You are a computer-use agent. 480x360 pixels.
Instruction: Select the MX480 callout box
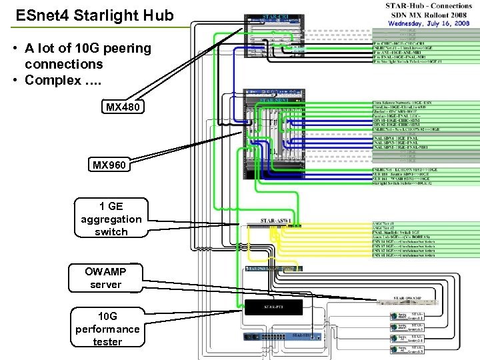point(123,107)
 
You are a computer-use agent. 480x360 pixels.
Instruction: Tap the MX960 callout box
point(109,165)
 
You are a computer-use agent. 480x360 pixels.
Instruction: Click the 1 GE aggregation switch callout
point(111,219)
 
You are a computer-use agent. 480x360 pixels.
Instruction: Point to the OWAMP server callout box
point(105,278)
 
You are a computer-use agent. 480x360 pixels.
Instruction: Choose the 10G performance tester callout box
point(107,329)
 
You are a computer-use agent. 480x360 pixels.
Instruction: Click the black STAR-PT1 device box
point(273,307)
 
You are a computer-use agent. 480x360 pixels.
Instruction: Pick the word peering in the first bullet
point(127,49)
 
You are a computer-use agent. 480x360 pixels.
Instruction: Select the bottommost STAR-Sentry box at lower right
point(407,349)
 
